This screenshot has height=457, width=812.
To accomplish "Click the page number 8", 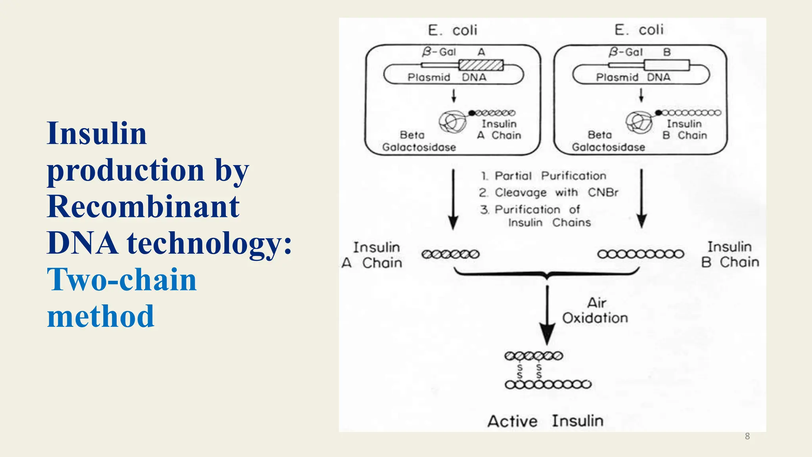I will point(747,436).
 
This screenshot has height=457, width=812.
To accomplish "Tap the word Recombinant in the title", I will point(143,207).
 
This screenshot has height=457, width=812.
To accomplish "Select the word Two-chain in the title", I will point(122,280).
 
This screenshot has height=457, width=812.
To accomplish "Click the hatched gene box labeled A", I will point(481,65).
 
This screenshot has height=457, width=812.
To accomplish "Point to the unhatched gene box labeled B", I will point(666,65).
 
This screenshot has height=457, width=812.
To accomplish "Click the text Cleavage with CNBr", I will point(549,193).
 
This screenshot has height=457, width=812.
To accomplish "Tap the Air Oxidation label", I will point(595,311).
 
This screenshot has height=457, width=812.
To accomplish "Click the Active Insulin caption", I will point(546,421).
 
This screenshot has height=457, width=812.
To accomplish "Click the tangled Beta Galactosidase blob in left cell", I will point(452,122).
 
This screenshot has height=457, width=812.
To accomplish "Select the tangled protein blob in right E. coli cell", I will point(639,122).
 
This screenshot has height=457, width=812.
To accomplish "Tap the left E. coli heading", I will point(452,30).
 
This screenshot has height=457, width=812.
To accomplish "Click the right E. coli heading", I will point(639,30).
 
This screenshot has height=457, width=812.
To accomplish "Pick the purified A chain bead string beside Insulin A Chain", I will point(450,254).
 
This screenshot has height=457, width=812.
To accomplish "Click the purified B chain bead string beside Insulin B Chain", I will point(641,254).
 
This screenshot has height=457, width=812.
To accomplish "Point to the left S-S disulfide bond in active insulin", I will point(520,371).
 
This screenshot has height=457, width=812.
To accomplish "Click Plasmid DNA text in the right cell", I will point(633,77).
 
